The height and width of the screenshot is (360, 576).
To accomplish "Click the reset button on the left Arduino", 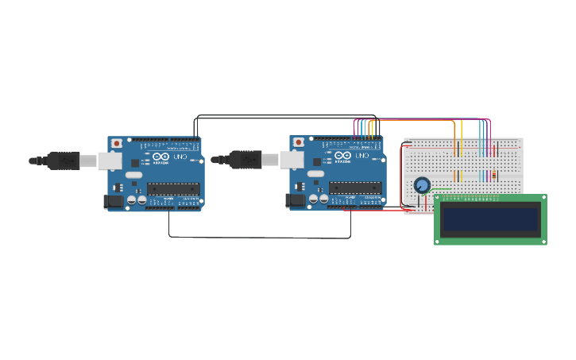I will pos(117,143).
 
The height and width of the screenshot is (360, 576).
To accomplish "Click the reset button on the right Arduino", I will pos(299,142).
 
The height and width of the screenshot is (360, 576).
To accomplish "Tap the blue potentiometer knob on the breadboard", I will pos(422,185).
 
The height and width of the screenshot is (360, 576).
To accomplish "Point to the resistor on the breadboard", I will pos(494,175).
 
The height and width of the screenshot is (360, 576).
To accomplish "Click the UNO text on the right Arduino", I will pos(361,156).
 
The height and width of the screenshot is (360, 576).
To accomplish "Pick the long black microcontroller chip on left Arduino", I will pos(173,188).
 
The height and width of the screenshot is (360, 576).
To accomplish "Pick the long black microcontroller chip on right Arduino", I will pos(355,188).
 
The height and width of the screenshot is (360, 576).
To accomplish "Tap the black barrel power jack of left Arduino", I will pos(114,202).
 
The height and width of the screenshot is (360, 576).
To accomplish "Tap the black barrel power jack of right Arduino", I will pos(296,201).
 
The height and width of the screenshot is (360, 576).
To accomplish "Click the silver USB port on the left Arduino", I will pos(110,161).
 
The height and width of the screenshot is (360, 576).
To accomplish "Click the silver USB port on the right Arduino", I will pos(292,161).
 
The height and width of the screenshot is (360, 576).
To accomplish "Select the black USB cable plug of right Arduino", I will pos(245,160).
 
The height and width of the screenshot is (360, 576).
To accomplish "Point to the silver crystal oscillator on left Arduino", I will pos(133,175).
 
